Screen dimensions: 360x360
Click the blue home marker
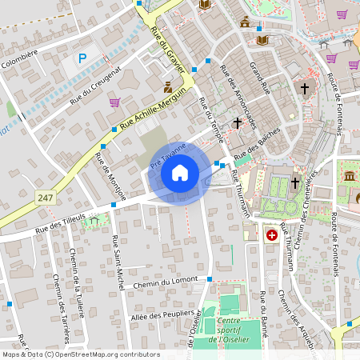point(180,173)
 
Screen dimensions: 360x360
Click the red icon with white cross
point(272,235)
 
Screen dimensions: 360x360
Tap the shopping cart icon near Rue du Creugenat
point(114,102)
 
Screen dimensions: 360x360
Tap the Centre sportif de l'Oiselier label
point(227,330)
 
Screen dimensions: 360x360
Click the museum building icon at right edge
point(350,175)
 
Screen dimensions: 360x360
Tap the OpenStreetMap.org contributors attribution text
point(107,354)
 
